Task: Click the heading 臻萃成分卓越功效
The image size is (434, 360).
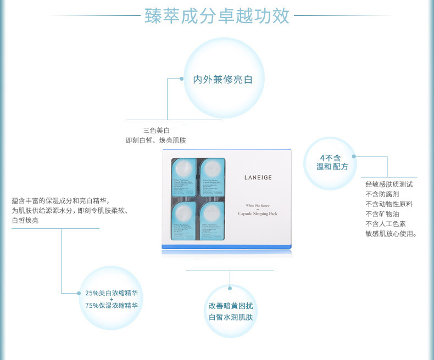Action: (217, 16)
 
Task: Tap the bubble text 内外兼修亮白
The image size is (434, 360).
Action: (222, 80)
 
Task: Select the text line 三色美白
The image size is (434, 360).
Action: (156, 130)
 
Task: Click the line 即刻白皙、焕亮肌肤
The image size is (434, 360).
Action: (155, 140)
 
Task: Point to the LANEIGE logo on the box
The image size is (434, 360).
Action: (258, 177)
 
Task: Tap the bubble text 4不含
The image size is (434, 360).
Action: (330, 157)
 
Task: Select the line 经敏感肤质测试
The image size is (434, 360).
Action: (389, 184)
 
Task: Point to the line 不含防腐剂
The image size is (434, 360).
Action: (382, 194)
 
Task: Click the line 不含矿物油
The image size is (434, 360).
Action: (382, 214)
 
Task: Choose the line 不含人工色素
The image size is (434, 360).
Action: (386, 224)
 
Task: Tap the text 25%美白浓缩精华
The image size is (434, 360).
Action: (112, 293)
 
